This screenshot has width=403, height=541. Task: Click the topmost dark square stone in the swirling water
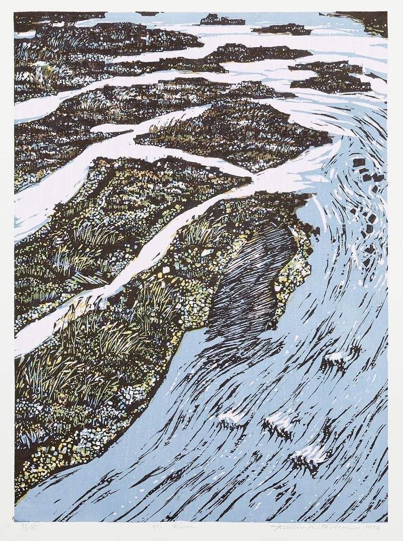pos(359,162)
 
